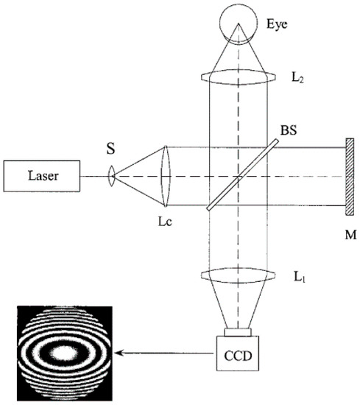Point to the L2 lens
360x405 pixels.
[238, 75]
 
